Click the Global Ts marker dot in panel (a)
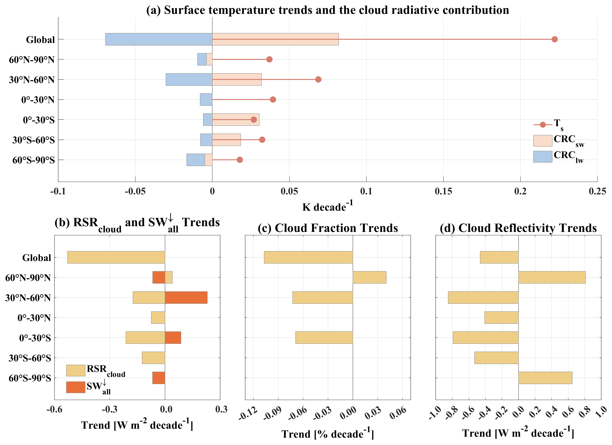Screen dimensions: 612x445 pos(554,39)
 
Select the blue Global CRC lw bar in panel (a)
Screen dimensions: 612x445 pos(159,39)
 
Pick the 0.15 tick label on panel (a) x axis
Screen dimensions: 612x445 pos(443,191)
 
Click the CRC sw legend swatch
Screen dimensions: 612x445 pos(543,141)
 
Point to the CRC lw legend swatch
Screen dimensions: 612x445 pos(543,157)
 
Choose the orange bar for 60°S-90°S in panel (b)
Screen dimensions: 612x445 pos(159,378)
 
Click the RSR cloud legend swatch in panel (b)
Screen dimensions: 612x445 pos(76,370)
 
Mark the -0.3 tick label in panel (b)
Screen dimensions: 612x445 pos(110,409)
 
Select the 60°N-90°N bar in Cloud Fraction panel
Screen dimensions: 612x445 pos(369,277)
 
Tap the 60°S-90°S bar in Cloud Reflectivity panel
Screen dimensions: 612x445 pos(545,378)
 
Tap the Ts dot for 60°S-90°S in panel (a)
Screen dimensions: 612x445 pos(240,160)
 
